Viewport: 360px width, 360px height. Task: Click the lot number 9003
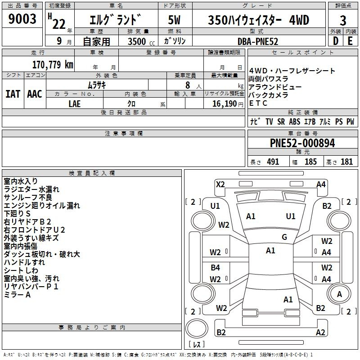22,18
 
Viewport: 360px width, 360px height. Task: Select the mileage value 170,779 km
53,64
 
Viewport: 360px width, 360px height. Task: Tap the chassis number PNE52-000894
302,143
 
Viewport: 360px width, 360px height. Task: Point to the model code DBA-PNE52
258,41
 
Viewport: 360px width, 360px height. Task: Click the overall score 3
343,21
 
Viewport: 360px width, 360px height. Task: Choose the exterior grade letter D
336,41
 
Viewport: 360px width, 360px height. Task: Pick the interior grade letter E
350,41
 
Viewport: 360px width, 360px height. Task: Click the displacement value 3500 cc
141,41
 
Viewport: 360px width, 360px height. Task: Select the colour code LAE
75,104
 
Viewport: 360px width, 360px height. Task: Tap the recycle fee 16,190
225,104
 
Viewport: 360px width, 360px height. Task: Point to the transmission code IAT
13,94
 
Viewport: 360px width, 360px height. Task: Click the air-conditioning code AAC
35,94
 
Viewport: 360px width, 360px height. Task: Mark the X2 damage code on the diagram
220,184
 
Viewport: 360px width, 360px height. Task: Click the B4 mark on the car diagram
216,267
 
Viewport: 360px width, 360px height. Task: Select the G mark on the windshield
284,237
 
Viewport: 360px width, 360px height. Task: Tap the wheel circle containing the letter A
339,294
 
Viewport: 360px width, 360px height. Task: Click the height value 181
346,162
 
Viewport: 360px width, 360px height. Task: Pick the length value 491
273,162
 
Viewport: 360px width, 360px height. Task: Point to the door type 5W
174,20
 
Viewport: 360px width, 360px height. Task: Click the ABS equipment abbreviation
295,121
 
